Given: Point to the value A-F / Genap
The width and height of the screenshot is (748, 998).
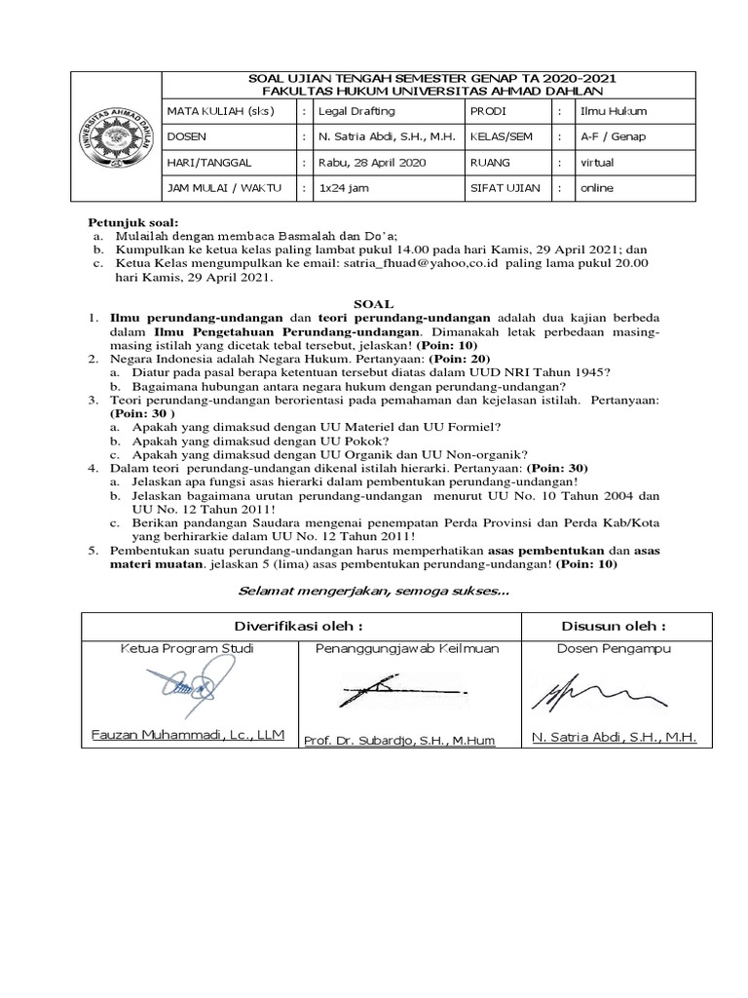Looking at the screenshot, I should pos(613,136).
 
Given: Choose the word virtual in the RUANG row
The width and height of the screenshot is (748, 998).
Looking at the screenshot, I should pos(597,163).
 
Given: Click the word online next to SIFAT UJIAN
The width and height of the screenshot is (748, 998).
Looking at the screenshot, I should pos(596,188).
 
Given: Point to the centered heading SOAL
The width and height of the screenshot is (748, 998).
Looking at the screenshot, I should pos(374,304).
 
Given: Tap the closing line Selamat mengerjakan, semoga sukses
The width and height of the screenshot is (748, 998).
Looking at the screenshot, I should pos(374,591).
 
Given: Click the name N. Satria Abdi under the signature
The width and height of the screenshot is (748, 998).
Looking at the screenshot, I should pos(614,738).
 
